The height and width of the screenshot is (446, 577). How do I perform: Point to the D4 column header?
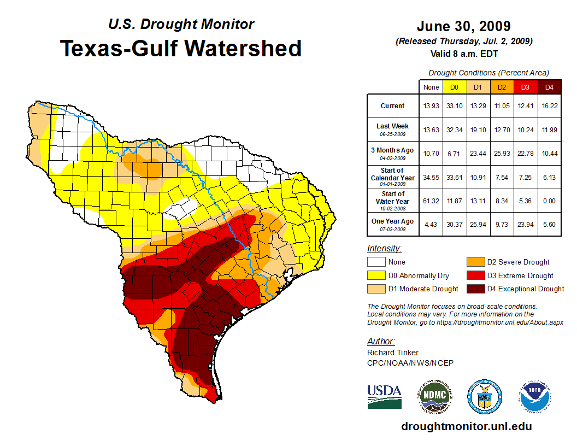tap(549, 87)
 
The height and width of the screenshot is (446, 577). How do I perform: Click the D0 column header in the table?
tap(454, 87)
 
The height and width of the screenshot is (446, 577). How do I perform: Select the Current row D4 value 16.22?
tap(549, 106)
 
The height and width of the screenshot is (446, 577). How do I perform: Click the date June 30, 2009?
tap(463, 26)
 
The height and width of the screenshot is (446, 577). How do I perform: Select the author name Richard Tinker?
tap(393, 353)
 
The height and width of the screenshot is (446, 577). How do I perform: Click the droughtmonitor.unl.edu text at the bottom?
tap(466, 426)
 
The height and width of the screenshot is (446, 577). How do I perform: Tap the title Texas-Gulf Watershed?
tap(181, 48)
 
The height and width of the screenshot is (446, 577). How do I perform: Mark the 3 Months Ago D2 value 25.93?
tap(502, 153)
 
